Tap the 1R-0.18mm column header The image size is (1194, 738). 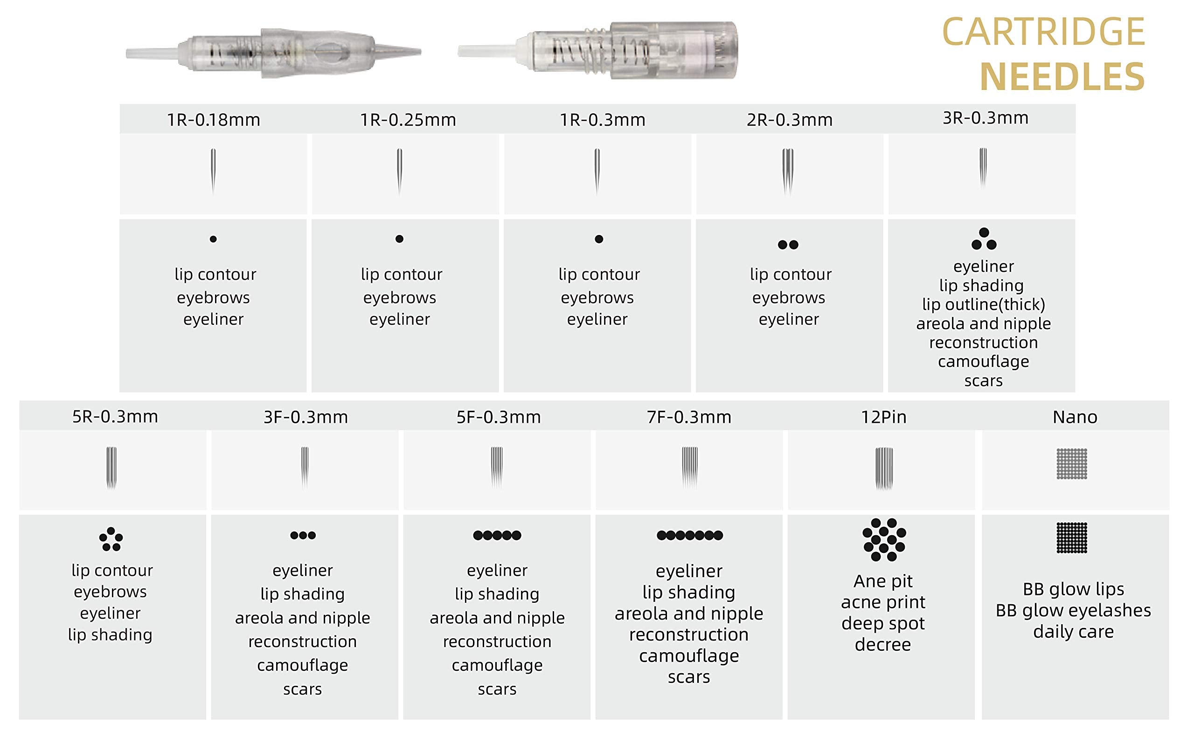[214, 120]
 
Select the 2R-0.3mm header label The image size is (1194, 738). [789, 120]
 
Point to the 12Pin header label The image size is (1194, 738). [883, 417]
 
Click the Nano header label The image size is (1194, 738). [1075, 417]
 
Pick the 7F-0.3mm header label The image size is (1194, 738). [689, 417]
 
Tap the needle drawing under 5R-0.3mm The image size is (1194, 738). [111, 468]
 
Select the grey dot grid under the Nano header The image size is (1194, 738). [1072, 464]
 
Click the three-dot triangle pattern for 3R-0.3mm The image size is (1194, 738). [984, 239]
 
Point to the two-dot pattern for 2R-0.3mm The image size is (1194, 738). [788, 245]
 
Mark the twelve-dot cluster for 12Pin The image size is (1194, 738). [884, 540]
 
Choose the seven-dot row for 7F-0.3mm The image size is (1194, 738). [689, 536]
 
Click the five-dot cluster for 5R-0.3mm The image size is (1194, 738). [111, 539]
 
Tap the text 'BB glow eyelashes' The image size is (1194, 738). [1073, 610]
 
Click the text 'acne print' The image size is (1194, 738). [883, 602]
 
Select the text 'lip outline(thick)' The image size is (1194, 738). [984, 304]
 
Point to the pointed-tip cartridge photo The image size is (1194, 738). [273, 53]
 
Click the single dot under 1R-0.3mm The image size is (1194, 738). [599, 239]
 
